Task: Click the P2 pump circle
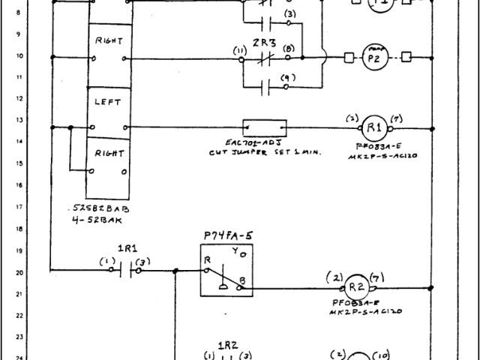[x=375, y=56]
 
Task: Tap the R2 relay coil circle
[x=355, y=286]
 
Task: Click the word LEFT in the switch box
[x=108, y=98]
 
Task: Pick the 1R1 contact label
[x=126, y=247]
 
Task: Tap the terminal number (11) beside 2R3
[x=240, y=50]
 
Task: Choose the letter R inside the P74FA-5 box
[x=207, y=259]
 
